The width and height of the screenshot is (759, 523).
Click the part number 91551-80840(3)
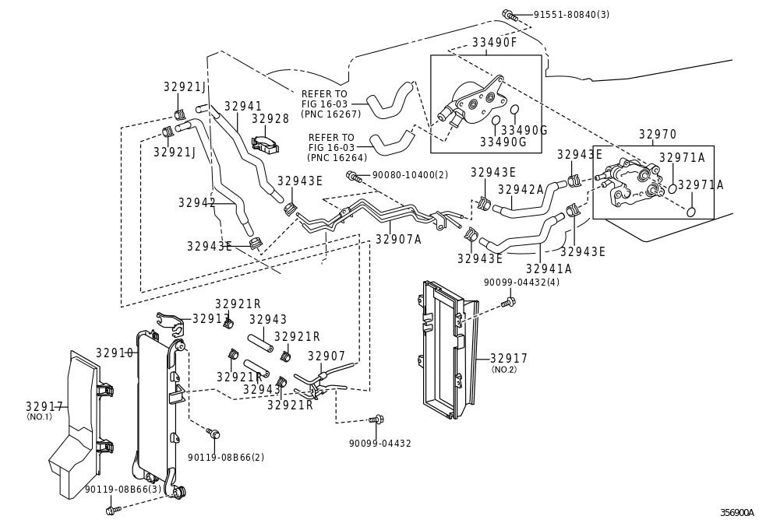[571, 15]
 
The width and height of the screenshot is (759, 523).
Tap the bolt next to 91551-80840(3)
[510, 16]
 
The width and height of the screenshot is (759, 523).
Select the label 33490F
[494, 43]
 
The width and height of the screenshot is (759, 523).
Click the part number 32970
[658, 135]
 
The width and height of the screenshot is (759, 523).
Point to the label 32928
[270, 119]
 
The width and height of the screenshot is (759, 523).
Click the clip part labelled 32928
[266, 144]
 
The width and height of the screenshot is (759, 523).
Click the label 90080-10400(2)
[410, 175]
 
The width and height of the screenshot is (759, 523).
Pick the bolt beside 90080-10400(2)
[353, 177]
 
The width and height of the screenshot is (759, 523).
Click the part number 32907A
[398, 239]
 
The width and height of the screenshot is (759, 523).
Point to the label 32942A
[521, 189]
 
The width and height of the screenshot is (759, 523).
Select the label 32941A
[549, 269]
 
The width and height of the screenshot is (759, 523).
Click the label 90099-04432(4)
[521, 283]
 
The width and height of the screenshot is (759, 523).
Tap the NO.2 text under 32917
[504, 370]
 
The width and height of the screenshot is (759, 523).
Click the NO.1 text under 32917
[39, 416]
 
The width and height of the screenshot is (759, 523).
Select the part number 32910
[115, 353]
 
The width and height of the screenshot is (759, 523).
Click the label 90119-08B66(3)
[123, 490]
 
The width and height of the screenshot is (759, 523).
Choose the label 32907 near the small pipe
[327, 356]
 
